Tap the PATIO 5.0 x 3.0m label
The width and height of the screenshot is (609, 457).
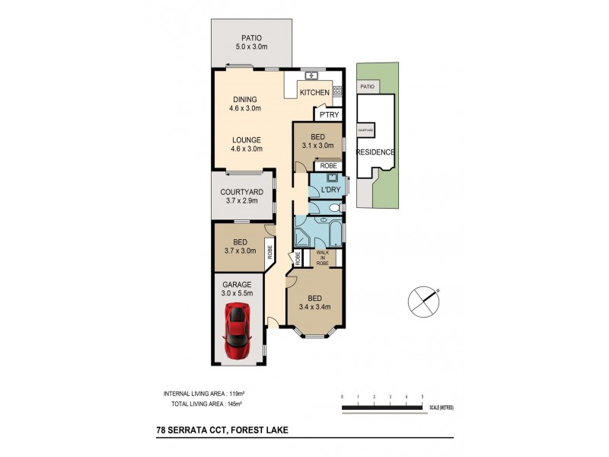coord(251,42)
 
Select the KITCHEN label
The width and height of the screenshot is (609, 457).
coord(314,93)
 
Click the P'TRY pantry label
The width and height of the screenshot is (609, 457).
coord(329,115)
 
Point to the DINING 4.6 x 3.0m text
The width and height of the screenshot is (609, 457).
coord(245,104)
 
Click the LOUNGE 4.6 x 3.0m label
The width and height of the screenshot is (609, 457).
coord(245,145)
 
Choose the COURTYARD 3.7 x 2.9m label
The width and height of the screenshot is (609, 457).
coord(241,197)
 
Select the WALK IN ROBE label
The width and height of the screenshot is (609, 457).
coord(322,257)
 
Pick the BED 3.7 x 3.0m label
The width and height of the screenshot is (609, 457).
coord(238,245)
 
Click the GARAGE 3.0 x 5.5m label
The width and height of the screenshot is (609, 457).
coord(237,289)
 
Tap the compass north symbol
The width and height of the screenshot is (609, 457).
coord(422,299)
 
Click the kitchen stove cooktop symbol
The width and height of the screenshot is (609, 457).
coord(336,91)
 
